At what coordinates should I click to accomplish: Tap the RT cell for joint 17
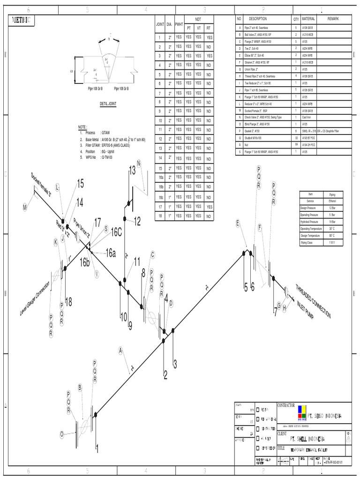point(209,207)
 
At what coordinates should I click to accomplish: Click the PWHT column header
point(179,24)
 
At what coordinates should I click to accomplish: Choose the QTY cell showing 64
point(296,145)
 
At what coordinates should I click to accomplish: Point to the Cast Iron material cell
point(307,117)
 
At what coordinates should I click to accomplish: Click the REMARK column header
point(333,19)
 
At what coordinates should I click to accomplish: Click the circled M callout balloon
point(25,206)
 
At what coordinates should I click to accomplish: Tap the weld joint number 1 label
point(97,449)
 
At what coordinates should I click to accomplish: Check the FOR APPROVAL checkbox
point(257,420)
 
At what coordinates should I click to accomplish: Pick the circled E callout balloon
point(238,224)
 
